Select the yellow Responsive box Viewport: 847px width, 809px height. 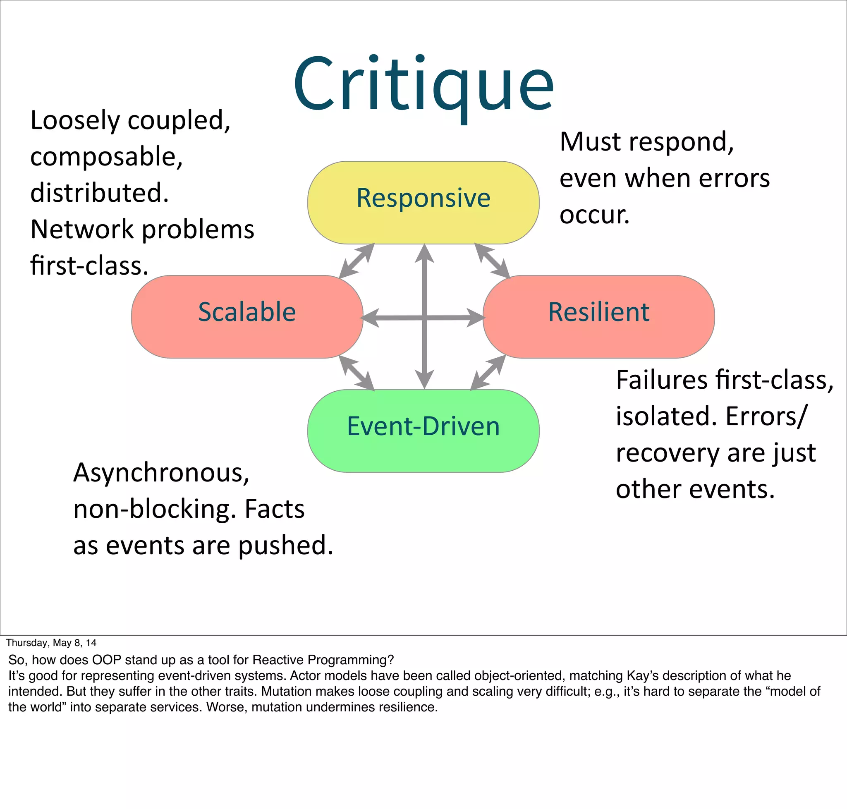(x=423, y=202)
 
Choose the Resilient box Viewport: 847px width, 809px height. (x=598, y=316)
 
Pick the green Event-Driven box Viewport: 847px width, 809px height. (x=423, y=431)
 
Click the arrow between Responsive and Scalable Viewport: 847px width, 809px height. (x=357, y=261)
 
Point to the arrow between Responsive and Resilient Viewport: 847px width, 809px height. (x=492, y=261)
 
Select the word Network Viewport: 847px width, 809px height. (x=82, y=229)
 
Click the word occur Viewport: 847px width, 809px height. (x=594, y=215)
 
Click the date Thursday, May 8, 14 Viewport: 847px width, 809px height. (x=51, y=643)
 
